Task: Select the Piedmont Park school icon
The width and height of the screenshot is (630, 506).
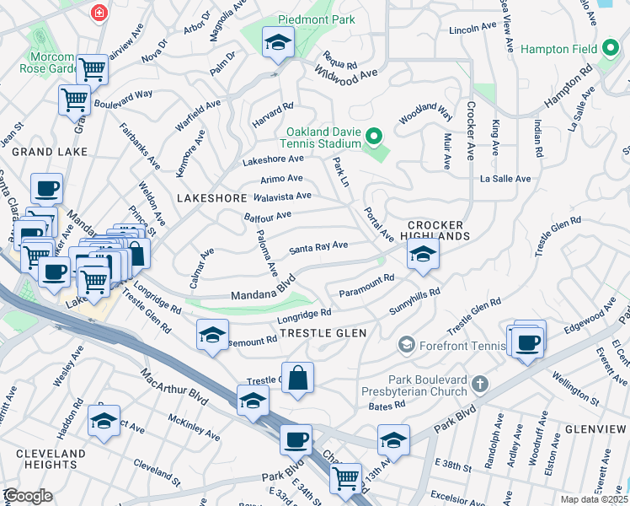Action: tap(275, 41)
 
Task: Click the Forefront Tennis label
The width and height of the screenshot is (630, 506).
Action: tap(446, 344)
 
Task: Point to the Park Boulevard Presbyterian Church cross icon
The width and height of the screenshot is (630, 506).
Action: tap(480, 385)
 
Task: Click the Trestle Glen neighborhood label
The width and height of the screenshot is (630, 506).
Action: tap(323, 333)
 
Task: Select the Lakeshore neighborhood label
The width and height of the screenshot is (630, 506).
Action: tap(212, 197)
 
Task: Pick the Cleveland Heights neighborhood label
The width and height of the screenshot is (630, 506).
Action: tap(51, 459)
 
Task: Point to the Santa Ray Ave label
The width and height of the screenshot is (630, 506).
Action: tap(318, 247)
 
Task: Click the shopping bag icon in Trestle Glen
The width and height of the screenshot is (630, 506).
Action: tap(297, 378)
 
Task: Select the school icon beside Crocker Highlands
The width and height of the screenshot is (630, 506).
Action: tap(423, 255)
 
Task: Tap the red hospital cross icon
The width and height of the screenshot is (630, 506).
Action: tap(100, 13)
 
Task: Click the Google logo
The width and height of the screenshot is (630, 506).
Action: tap(28, 496)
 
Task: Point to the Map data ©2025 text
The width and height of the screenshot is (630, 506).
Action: tap(594, 499)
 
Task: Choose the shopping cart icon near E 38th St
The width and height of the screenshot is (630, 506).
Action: tap(345, 478)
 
